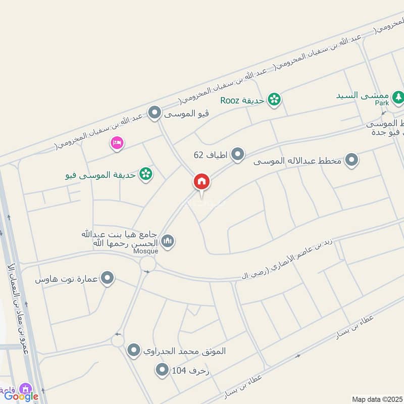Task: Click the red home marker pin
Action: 201,182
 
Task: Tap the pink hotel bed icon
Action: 117,143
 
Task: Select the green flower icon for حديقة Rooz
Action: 274,99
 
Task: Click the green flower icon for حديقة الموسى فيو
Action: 146,174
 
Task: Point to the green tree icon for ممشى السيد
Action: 398,95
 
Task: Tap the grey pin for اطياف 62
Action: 238,154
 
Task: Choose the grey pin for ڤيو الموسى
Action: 155,113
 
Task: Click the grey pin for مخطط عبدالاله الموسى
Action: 352,161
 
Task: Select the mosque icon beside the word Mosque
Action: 168,241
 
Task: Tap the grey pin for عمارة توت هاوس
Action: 107,278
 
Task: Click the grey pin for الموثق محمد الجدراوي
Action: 134,350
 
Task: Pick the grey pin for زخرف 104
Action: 162,371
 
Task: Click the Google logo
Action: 21,396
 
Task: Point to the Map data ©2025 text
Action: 377,399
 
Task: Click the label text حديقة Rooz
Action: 242,100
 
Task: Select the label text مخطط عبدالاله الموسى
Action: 298,162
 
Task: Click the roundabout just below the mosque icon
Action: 148,263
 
